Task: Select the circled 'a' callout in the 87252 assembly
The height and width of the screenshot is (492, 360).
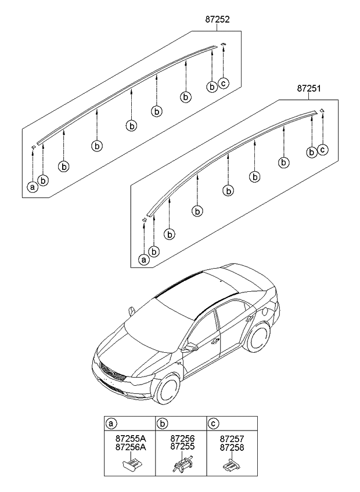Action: [33, 187]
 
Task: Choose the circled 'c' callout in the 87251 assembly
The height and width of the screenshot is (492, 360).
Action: [323, 150]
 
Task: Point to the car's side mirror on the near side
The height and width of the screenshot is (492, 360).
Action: [192, 348]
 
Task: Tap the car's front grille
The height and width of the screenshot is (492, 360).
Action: [111, 372]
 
